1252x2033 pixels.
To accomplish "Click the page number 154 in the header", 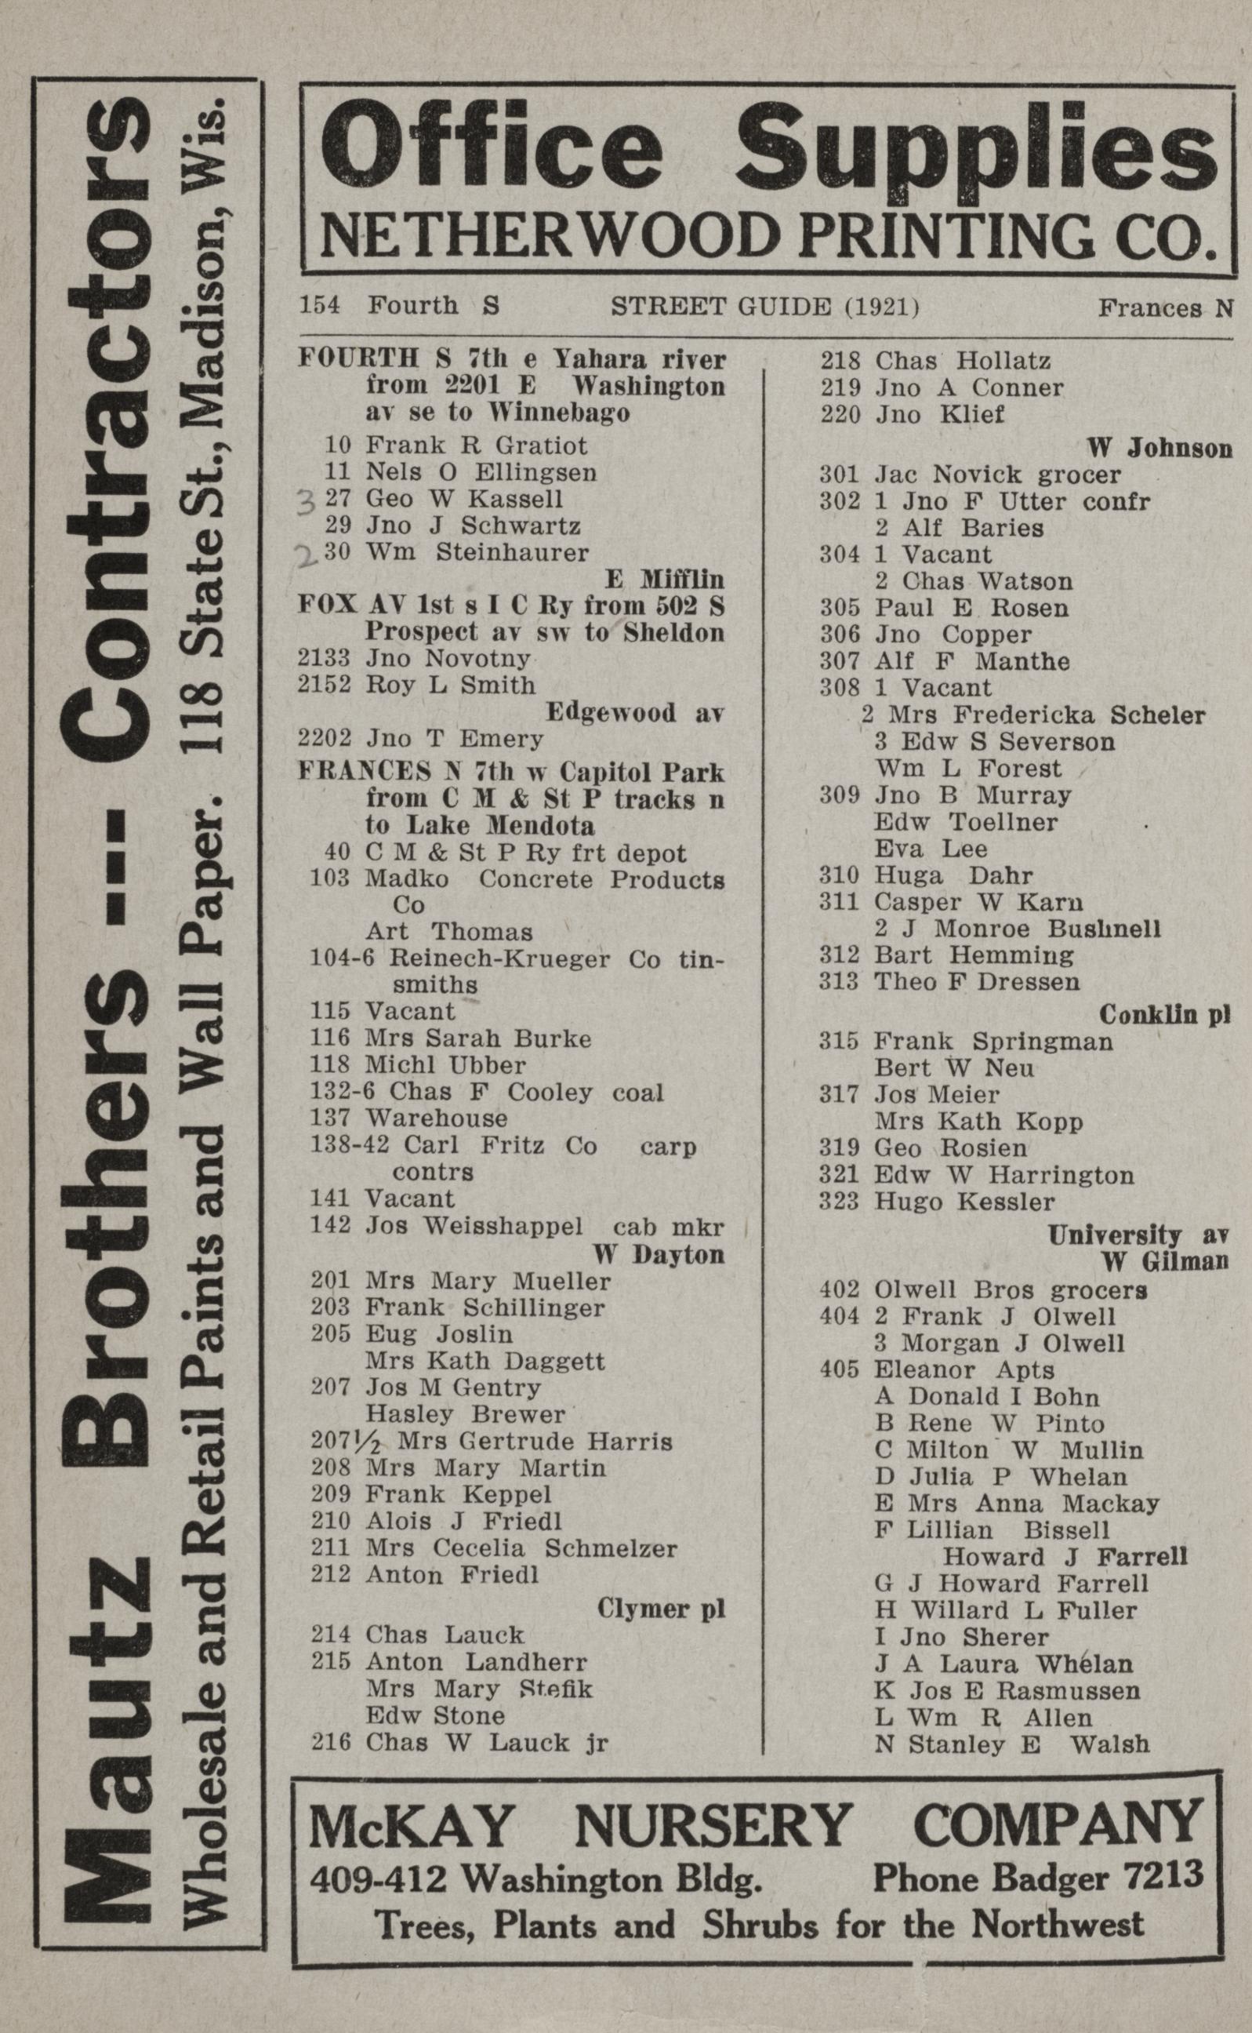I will [x=319, y=306].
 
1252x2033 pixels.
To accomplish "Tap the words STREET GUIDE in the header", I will [x=720, y=307].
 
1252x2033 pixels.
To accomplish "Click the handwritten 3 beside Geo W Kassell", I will [x=307, y=501].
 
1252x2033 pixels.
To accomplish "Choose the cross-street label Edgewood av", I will [x=634, y=712].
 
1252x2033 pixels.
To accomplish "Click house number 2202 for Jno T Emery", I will [x=325, y=738].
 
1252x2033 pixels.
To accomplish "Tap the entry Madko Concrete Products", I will [x=544, y=879].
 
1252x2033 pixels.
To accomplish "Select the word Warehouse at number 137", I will [x=436, y=1118].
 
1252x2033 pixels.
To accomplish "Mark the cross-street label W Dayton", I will [x=659, y=1254].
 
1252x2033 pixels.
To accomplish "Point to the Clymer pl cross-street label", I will [x=661, y=1609].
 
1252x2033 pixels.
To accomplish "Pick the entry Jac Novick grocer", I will [x=997, y=475].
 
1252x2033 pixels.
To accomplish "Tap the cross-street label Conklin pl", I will [x=1164, y=1014].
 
